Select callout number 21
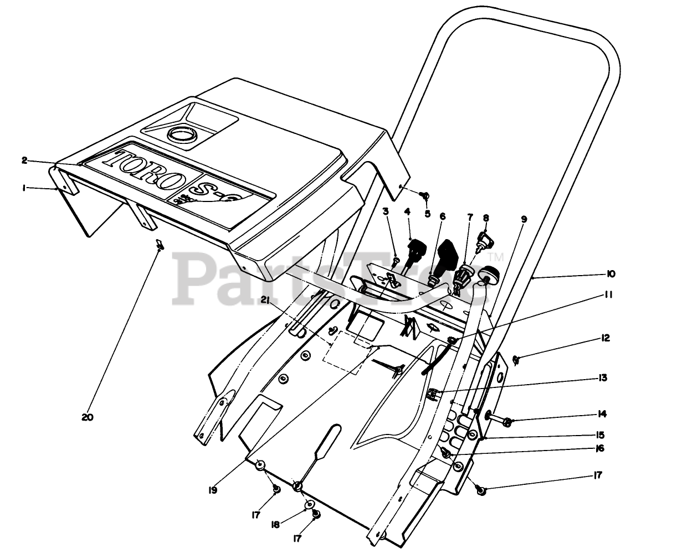(x=265, y=300)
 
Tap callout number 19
(x=213, y=490)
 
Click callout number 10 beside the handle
(x=611, y=274)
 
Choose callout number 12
(x=606, y=338)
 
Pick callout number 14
(x=603, y=414)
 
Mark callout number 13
(x=603, y=378)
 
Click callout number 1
(x=25, y=188)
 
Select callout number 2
(x=24, y=161)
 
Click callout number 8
(x=486, y=219)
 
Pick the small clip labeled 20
(x=158, y=244)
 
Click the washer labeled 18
(x=310, y=504)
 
